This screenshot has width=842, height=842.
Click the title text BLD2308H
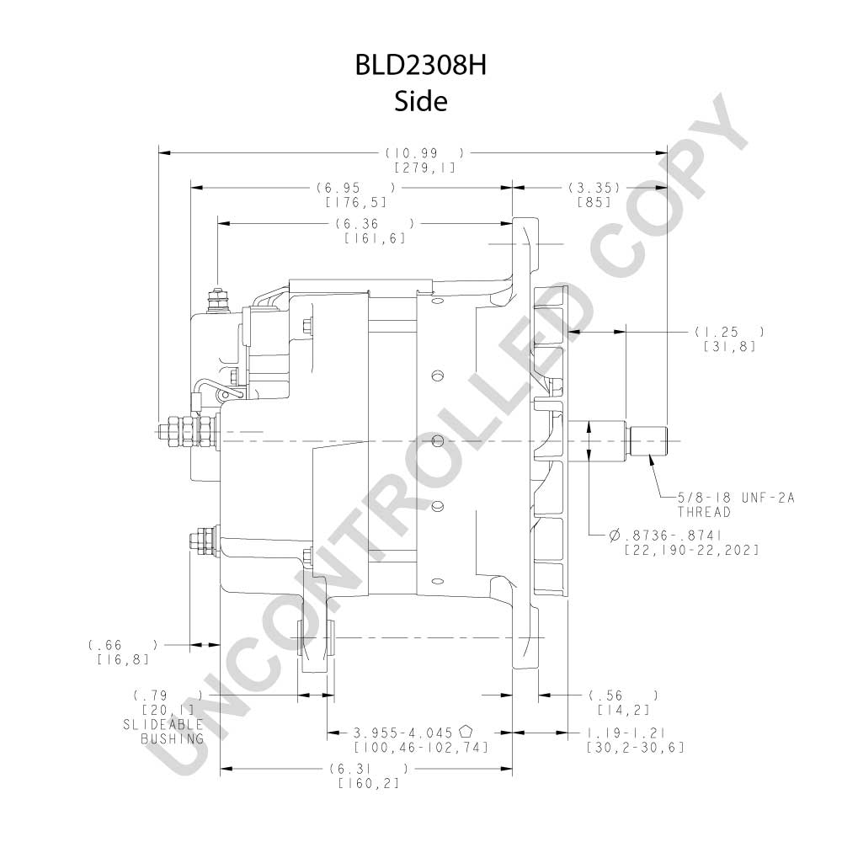pyautogui.click(x=420, y=66)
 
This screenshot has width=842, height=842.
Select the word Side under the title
pyautogui.click(x=420, y=102)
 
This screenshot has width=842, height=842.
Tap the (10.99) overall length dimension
pyautogui.click(x=424, y=153)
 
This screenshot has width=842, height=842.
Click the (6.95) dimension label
pyautogui.click(x=355, y=188)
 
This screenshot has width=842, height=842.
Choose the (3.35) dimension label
pyautogui.click(x=594, y=188)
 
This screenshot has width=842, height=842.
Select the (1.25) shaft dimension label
pyautogui.click(x=729, y=333)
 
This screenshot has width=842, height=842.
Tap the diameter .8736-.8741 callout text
pyautogui.click(x=665, y=536)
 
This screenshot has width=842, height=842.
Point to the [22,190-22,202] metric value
pyautogui.click(x=691, y=551)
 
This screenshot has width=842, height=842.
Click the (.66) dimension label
pyautogui.click(x=123, y=645)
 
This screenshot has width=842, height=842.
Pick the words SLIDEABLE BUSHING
pyautogui.click(x=164, y=732)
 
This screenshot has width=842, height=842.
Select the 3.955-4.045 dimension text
pyautogui.click(x=402, y=733)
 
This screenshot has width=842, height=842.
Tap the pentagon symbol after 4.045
pyautogui.click(x=466, y=732)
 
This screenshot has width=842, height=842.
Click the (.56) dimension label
pyautogui.click(x=623, y=696)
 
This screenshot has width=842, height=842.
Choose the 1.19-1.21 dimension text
pyautogui.click(x=626, y=733)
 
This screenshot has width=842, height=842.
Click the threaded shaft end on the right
pyautogui.click(x=647, y=441)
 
